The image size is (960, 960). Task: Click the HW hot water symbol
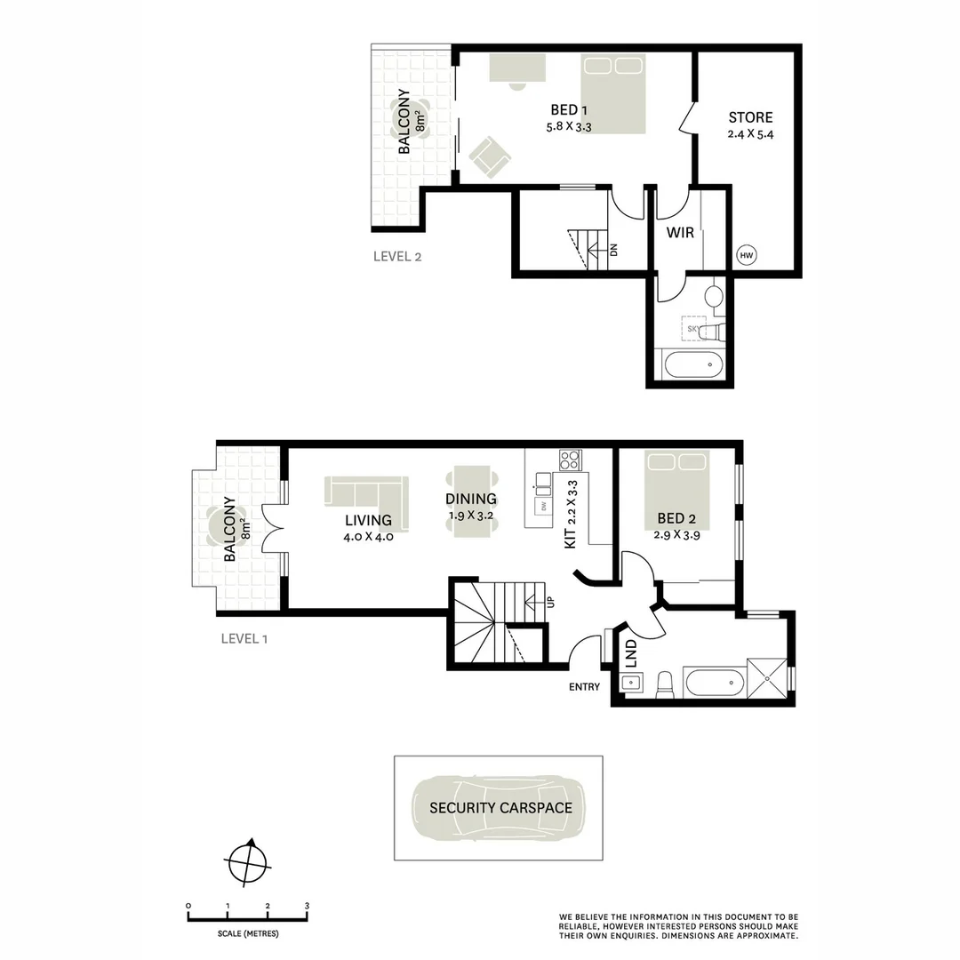tap(746, 256)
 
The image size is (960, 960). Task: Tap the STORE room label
tap(750, 117)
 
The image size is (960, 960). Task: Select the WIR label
tap(680, 234)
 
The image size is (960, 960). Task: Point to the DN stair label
tap(613, 250)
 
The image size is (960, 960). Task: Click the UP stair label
tap(550, 602)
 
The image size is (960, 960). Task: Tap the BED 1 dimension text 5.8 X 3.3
tap(569, 127)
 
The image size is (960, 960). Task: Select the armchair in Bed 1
tap(490, 156)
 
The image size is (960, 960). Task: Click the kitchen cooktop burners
tap(569, 460)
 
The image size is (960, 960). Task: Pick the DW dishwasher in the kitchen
tap(541, 506)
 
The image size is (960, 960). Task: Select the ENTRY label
tap(585, 686)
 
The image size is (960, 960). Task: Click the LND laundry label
tap(631, 653)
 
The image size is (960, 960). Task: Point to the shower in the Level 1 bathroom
tap(767, 679)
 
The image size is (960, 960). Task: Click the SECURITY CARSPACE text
tap(500, 808)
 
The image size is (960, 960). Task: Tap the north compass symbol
tap(248, 861)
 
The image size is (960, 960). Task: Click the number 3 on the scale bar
tap(307, 906)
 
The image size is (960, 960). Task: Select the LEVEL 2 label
tap(396, 257)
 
